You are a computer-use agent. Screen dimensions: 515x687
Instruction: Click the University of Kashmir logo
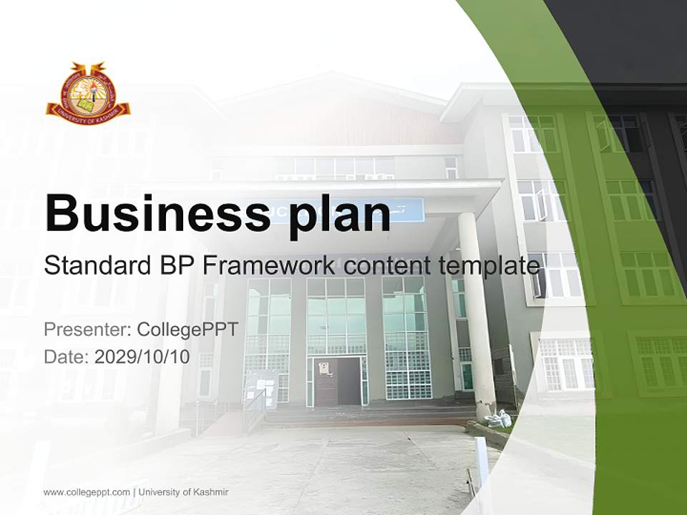88,90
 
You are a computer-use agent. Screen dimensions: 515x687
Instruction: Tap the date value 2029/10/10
142,357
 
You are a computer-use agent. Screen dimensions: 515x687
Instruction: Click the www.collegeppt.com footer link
87,492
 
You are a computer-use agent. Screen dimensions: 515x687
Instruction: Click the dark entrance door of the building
337,382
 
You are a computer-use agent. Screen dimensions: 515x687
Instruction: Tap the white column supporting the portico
477,315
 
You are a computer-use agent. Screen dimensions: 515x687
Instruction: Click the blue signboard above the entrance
408,210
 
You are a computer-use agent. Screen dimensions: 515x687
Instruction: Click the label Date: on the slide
66,357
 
